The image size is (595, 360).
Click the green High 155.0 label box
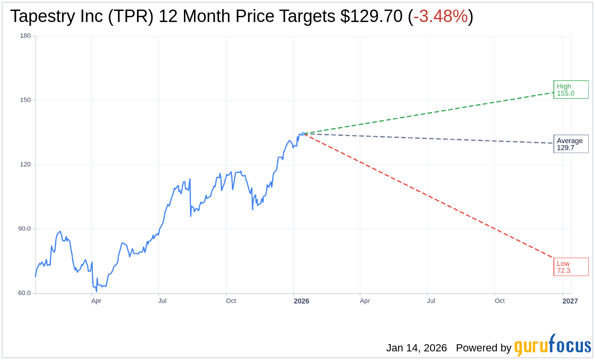pos(571,90)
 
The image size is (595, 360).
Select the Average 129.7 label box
pos(571,144)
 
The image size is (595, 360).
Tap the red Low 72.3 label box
pos(571,267)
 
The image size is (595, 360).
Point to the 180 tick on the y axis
pos(25,36)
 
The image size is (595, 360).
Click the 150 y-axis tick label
pos(25,100)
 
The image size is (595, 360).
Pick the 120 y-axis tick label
pos(25,164)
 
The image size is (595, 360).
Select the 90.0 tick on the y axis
pos(24,229)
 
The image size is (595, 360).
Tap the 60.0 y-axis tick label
pos(24,293)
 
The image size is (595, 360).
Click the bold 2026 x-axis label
pos(301,301)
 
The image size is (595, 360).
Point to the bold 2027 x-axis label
pos(570,301)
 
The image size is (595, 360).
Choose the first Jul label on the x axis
pos(162,301)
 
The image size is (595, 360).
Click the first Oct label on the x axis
pos(231,301)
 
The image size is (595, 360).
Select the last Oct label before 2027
pos(500,301)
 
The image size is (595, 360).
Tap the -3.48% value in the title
pos(440,16)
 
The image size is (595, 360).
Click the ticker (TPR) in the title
pos(131,16)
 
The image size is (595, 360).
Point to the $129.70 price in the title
pos(371,16)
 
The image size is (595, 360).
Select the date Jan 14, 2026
pos(416,348)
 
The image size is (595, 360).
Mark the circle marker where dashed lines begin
pos(303,134)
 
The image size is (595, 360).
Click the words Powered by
pos(483,348)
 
